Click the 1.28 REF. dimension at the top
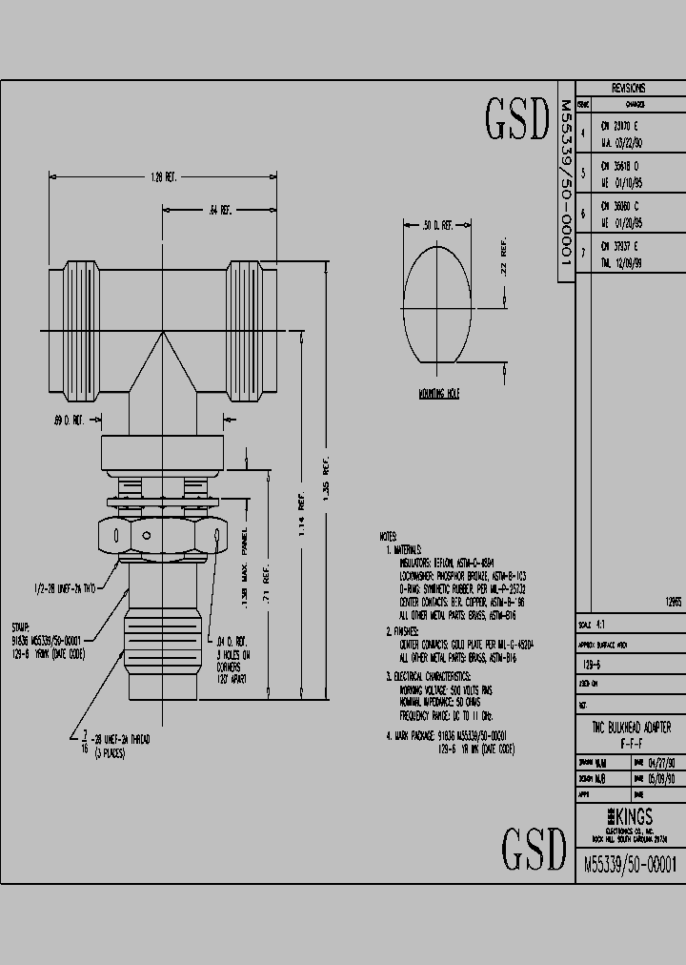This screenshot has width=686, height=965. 164,176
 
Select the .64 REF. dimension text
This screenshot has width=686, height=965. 219,210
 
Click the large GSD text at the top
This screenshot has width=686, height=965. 518,118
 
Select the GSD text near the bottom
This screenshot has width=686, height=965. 534,846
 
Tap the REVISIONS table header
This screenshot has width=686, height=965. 628,88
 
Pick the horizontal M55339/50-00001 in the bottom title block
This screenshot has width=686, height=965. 629,864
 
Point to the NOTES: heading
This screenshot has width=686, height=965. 388,537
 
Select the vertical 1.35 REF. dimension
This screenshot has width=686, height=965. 326,486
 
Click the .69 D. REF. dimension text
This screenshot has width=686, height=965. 71,419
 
